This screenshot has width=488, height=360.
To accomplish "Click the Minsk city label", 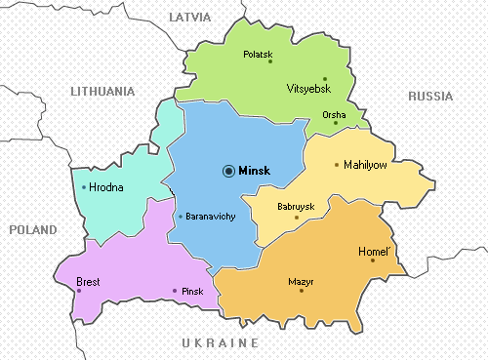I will click(x=254, y=170).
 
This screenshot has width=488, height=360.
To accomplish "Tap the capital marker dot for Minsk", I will click(x=228, y=170).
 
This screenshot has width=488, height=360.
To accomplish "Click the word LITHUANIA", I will click(x=102, y=91).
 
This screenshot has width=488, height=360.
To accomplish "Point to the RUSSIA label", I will click(x=430, y=96).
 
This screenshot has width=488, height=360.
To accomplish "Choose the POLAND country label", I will click(x=33, y=229).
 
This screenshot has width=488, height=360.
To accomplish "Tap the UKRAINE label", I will click(x=220, y=343).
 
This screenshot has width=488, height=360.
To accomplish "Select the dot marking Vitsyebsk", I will click(x=325, y=78).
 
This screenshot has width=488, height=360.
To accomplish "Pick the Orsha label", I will click(x=333, y=114).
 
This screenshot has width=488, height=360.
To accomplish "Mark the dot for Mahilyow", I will click(x=337, y=165).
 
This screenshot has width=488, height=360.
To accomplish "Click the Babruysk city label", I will click(x=296, y=207).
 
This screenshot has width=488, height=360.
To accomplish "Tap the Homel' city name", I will click(x=374, y=251).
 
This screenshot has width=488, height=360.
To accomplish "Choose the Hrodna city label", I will click(x=106, y=187).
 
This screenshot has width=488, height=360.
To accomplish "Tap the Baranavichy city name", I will click(x=210, y=216).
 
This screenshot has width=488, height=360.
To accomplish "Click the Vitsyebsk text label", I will click(x=309, y=89).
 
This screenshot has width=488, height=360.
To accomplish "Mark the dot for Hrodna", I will click(x=84, y=187).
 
